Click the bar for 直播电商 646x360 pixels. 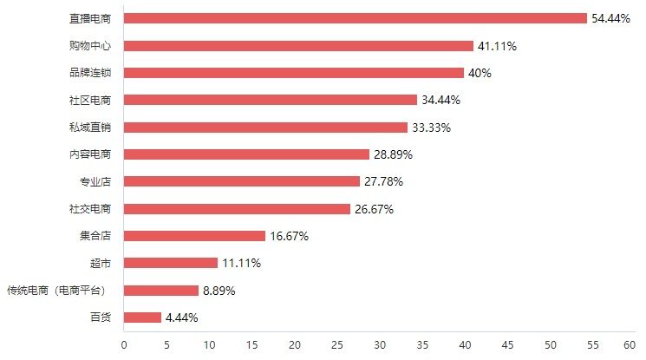[356, 18]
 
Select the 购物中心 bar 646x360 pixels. [298, 46]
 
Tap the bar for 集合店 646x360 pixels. [194, 236]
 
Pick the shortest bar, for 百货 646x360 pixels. [142, 317]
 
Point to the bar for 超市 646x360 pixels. [171, 263]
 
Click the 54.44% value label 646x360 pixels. [610, 18]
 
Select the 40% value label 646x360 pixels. [480, 73]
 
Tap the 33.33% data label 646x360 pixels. [431, 128]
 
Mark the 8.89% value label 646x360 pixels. [219, 291]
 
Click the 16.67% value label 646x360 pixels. [290, 236]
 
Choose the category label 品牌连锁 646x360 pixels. [90, 73]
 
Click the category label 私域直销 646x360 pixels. [90, 127]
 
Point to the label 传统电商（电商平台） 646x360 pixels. [57, 291]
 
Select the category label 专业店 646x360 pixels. [95, 181]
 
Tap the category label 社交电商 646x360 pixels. [90, 209]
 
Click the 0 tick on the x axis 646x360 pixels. [124, 345]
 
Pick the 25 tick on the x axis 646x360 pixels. [337, 345]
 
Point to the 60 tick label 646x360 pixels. [630, 345]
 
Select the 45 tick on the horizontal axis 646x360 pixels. [507, 345]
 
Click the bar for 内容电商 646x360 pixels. [246, 154]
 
